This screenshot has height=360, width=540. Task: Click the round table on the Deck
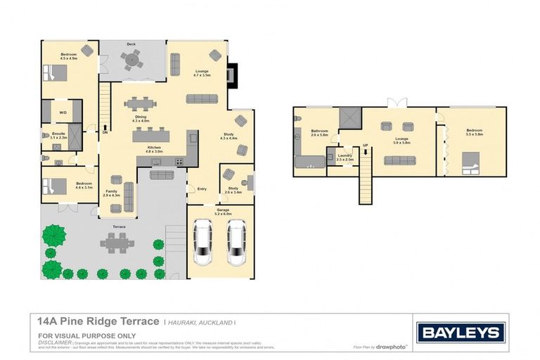coord(131,62)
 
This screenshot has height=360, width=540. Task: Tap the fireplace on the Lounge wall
coord(234,73)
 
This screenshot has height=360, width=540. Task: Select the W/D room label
coord(63,112)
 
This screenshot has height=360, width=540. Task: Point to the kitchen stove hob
coord(179,162)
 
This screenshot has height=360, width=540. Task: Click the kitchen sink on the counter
coord(156,162)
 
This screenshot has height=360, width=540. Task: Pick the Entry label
coord(202,188)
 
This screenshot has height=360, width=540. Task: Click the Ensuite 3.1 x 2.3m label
coord(59,136)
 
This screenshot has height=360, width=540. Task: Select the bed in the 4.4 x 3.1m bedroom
coord(54,186)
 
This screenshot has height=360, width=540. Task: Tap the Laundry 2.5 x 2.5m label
coord(345,157)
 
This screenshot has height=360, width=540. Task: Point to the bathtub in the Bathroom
coord(309,162)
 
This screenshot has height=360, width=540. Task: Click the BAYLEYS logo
coord(460,333)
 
